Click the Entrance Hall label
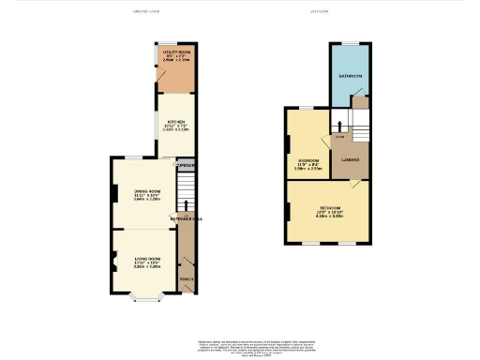(x=183, y=218)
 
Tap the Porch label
(x=186, y=279)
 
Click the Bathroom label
(x=352, y=75)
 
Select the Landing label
(x=352, y=158)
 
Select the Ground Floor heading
(x=147, y=12)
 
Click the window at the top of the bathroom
(x=352, y=42)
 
